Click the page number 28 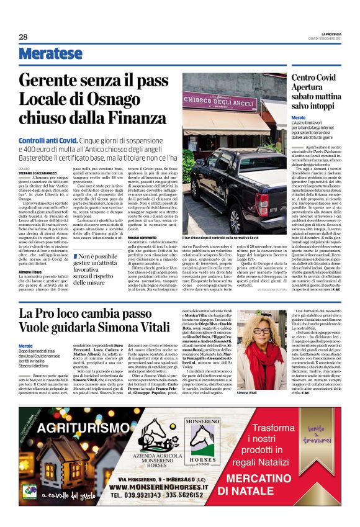point(23,37)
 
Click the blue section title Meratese point(50,54)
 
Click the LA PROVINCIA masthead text point(331,33)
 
